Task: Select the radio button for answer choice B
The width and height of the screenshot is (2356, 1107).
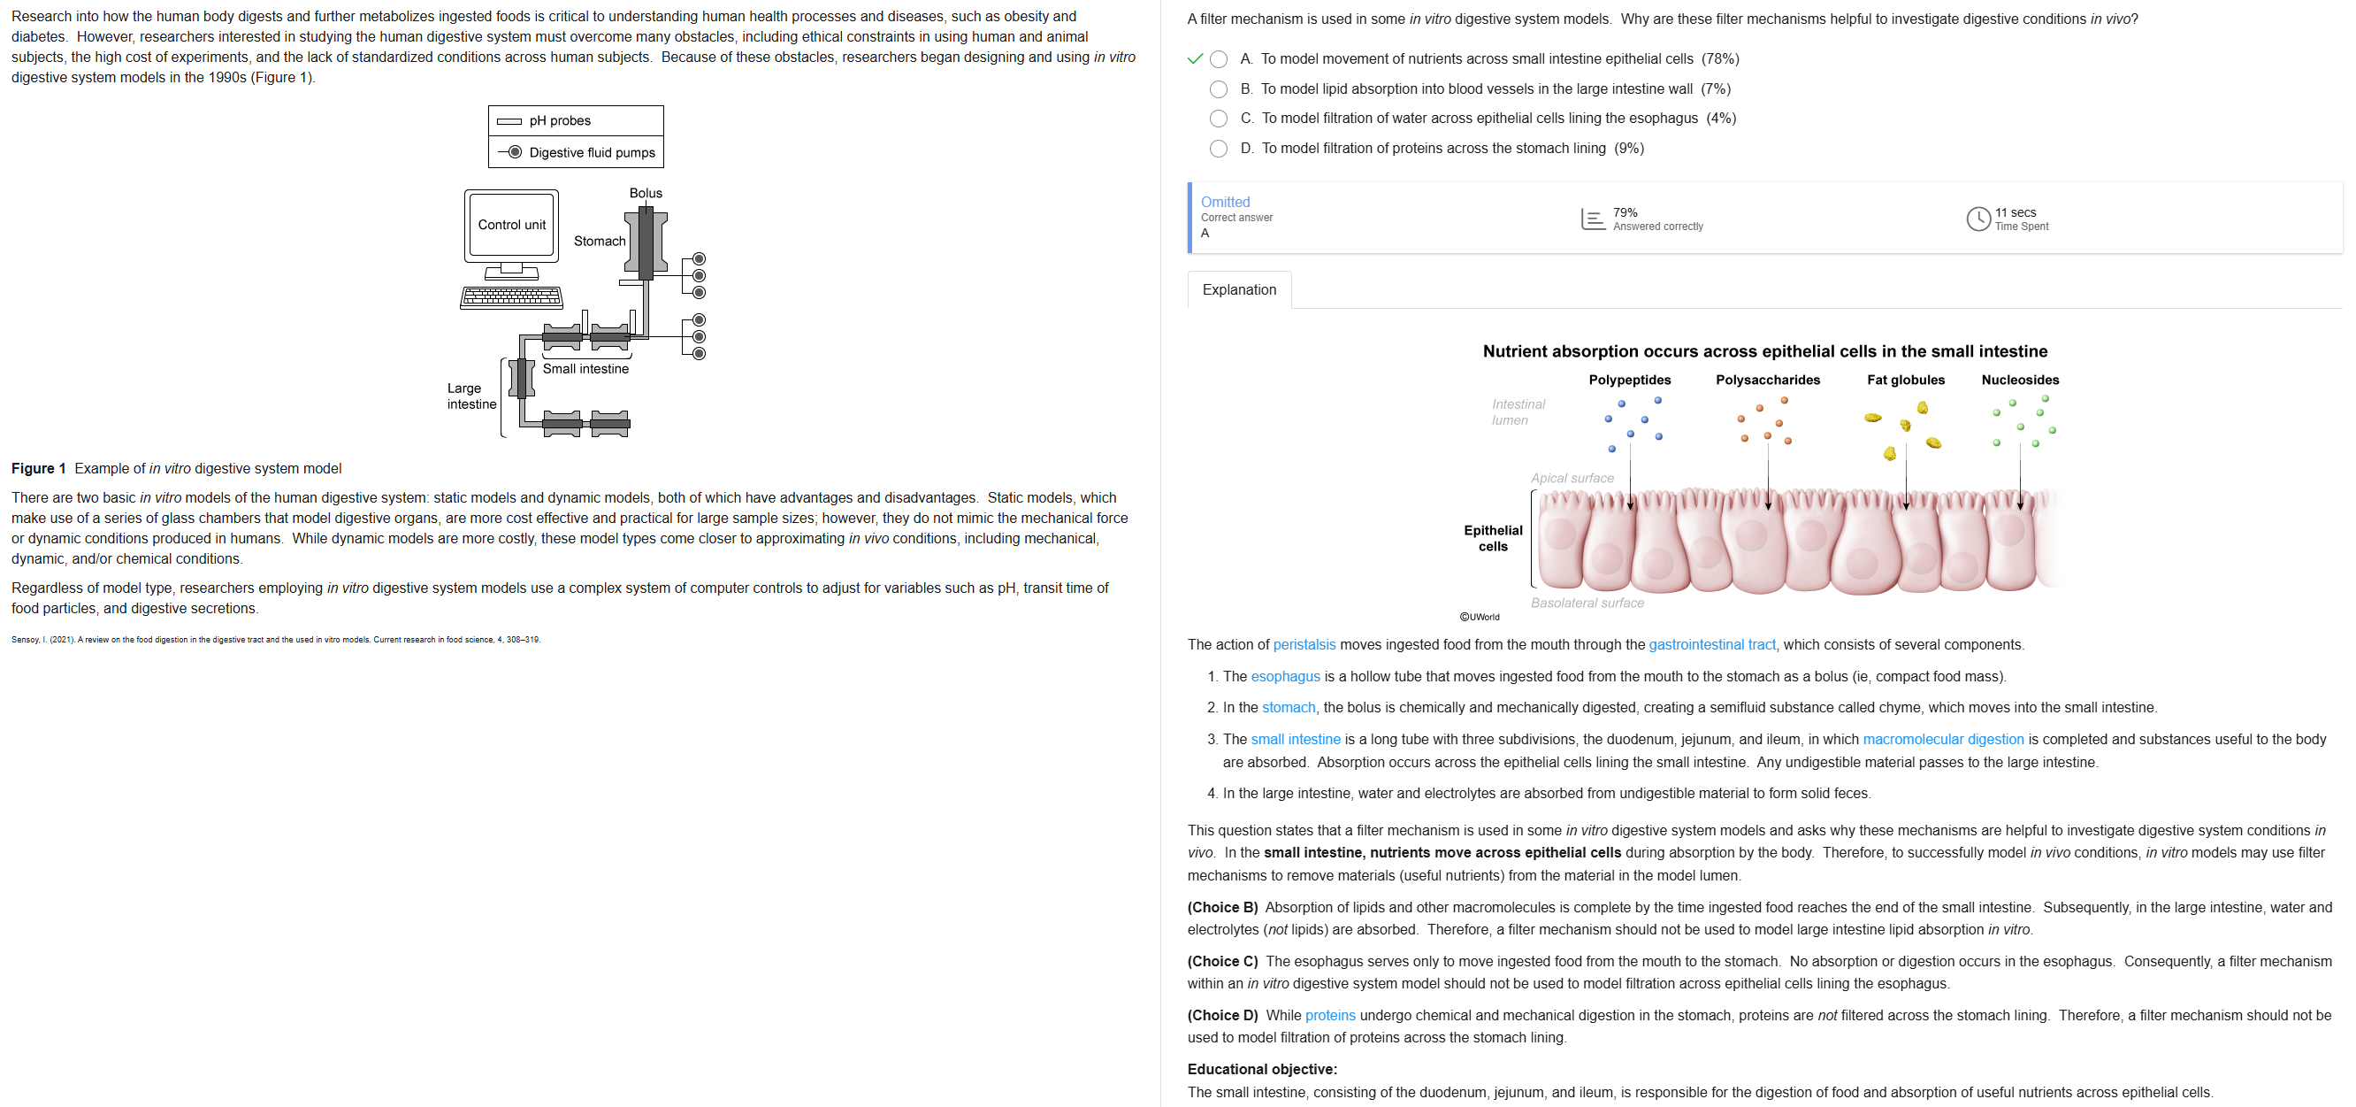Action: click(x=1219, y=88)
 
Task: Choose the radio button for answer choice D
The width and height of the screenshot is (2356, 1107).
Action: click(x=1219, y=148)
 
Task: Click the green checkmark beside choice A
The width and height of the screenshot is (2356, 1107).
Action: click(x=1195, y=58)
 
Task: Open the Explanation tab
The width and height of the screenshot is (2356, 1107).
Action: click(x=1238, y=290)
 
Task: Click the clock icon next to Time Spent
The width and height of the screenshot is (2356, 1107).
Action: click(x=1977, y=219)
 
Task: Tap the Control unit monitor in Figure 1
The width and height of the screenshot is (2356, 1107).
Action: click(x=511, y=224)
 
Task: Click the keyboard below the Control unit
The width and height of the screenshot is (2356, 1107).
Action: click(x=511, y=297)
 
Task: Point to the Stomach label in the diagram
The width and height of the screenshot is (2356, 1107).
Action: click(x=599, y=241)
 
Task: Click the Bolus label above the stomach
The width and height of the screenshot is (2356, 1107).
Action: click(x=645, y=193)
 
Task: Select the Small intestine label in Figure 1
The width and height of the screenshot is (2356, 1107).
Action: click(x=585, y=369)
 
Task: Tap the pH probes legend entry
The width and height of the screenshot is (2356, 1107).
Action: click(x=560, y=120)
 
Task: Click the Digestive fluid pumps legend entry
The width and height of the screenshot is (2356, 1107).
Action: click(x=592, y=152)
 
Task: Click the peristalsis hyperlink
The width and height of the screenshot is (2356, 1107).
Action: click(x=1304, y=645)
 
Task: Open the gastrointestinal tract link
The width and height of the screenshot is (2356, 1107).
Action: click(x=1711, y=645)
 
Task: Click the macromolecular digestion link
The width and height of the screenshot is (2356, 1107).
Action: click(x=1943, y=739)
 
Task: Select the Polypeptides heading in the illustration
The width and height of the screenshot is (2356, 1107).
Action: click(x=1629, y=380)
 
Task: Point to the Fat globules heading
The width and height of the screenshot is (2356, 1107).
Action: click(x=1905, y=380)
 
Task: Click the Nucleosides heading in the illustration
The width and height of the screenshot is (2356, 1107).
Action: click(x=2019, y=380)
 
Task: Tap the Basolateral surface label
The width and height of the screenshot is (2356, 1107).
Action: click(x=1587, y=603)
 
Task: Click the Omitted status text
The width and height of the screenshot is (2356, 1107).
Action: click(x=1225, y=202)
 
